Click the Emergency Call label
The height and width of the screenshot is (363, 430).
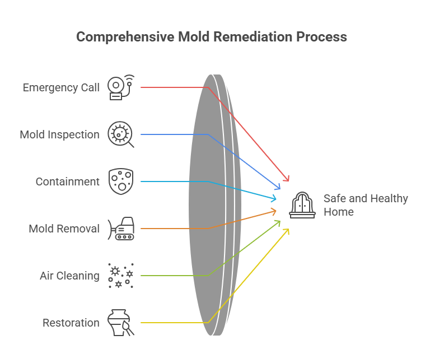pyautogui.click(x=61, y=87)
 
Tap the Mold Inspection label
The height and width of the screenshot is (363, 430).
pyautogui.click(x=59, y=134)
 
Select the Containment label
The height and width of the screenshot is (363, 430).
pyautogui.click(x=67, y=182)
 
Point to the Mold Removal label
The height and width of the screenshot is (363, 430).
pyautogui.click(x=64, y=229)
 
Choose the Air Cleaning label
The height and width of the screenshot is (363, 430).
pyautogui.click(x=69, y=276)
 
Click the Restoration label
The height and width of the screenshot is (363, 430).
pyautogui.click(x=71, y=323)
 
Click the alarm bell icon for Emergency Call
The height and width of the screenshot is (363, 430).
pyautogui.click(x=121, y=87)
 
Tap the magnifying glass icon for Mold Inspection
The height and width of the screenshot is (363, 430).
pyautogui.click(x=121, y=134)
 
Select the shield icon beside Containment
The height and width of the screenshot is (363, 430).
pyautogui.click(x=121, y=182)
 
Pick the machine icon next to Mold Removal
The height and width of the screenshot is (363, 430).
pyautogui.click(x=121, y=229)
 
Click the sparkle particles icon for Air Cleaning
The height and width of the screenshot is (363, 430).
pyautogui.click(x=121, y=276)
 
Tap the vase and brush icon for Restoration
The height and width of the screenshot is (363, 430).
pyautogui.click(x=121, y=323)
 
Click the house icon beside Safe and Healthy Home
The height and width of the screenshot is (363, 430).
pyautogui.click(x=302, y=205)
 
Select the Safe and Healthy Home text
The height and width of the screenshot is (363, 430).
pyautogui.click(x=366, y=205)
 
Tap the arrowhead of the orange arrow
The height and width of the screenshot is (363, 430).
pyautogui.click(x=275, y=211)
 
